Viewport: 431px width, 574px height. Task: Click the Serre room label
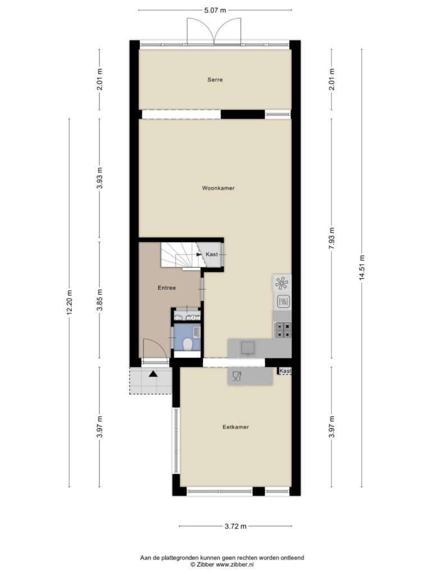[215, 80]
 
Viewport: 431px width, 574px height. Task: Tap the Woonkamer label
[218, 188]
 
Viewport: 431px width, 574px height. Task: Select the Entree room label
[167, 288]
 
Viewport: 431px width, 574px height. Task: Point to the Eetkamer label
[236, 427]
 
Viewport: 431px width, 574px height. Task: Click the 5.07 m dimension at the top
[215, 10]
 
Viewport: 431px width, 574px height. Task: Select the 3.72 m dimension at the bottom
[235, 526]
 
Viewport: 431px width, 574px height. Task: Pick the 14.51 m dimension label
[362, 267]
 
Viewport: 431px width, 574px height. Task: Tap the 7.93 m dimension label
[332, 238]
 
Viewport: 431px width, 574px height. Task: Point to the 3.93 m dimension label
[99, 178]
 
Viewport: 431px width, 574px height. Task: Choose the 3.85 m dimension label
[99, 300]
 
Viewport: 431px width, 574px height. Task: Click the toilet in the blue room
[187, 344]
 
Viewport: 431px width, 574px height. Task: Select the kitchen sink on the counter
[248, 348]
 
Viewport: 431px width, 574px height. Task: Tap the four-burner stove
[283, 330]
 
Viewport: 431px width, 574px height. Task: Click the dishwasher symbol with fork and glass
[237, 376]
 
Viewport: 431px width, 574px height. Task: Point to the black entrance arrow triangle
[153, 374]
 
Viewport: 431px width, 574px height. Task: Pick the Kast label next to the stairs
[212, 254]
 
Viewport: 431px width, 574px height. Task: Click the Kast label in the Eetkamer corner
[285, 371]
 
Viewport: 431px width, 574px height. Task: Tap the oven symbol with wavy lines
[283, 302]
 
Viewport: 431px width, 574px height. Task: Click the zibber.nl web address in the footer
[235, 564]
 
